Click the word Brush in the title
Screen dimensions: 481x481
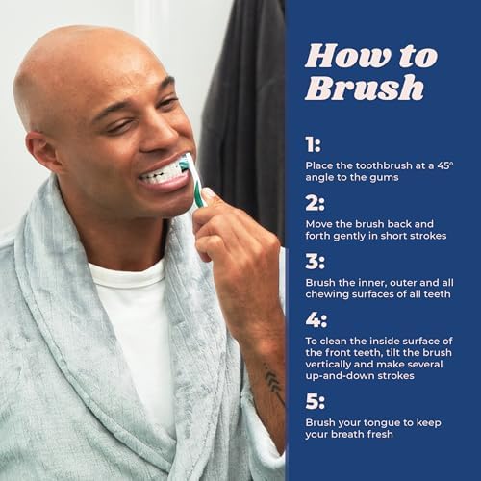[x=365, y=87]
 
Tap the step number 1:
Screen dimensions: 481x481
[x=313, y=144]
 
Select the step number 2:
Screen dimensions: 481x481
[x=315, y=203]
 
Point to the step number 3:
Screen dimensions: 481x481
[x=315, y=262]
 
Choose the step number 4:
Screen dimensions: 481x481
[x=316, y=319]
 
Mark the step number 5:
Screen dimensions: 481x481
[x=315, y=401]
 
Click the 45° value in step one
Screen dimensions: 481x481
[x=445, y=165]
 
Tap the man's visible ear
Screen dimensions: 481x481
[x=41, y=151]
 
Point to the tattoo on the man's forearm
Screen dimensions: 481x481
[x=272, y=382]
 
